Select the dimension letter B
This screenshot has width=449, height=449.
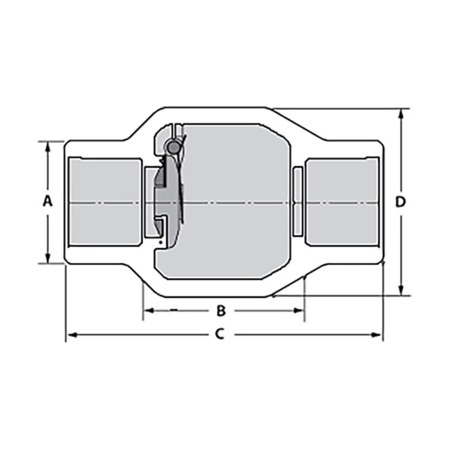tap(222, 310)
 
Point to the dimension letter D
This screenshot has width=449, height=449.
tap(401, 202)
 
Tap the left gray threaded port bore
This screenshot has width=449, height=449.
tap(105, 202)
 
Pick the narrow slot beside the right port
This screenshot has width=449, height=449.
tap(297, 202)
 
